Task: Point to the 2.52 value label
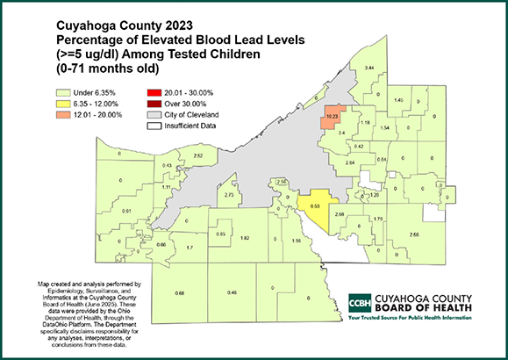point(198,155)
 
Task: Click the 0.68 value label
point(180,292)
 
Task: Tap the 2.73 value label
point(229,195)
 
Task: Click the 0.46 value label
point(232,292)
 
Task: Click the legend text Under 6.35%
point(96,90)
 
